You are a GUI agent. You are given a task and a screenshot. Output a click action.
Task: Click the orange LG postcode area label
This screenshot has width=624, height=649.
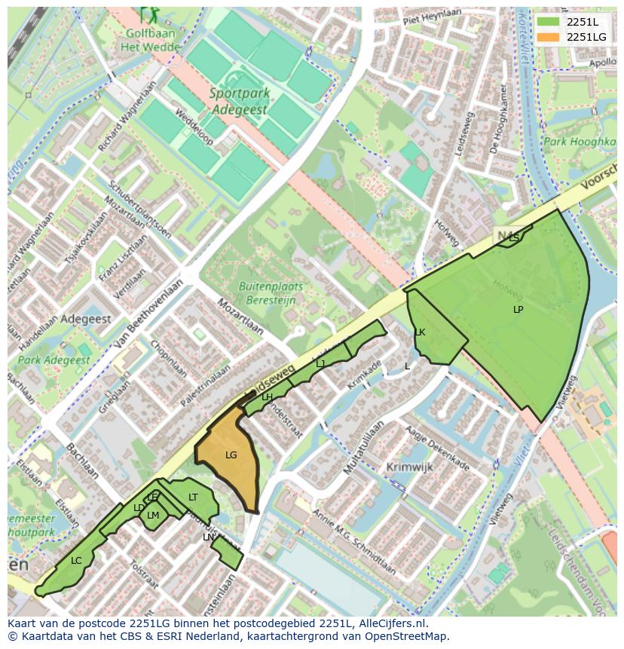click(231, 455)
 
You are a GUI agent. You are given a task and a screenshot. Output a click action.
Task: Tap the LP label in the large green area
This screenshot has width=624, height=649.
click(518, 310)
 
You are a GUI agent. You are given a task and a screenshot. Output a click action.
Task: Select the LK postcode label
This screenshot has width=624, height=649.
click(420, 332)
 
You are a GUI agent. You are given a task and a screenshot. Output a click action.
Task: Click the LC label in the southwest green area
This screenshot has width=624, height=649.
click(76, 561)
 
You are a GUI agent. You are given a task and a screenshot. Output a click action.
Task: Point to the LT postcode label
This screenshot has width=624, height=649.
click(193, 497)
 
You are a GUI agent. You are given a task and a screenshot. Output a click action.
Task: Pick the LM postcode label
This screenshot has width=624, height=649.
click(153, 516)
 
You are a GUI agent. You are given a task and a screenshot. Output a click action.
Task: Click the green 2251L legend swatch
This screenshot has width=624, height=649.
click(548, 22)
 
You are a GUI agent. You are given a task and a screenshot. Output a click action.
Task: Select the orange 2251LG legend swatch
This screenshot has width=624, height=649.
click(548, 37)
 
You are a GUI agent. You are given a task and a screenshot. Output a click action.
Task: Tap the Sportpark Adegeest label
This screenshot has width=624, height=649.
click(239, 101)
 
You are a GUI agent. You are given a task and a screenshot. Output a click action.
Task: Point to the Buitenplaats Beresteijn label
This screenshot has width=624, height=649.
click(271, 292)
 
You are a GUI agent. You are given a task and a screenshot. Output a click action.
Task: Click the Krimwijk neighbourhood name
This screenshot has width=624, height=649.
click(409, 467)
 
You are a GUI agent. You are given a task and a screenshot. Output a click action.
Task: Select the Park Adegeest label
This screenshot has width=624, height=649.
click(54, 360)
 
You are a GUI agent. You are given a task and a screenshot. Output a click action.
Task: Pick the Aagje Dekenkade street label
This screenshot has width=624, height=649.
click(436, 448)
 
